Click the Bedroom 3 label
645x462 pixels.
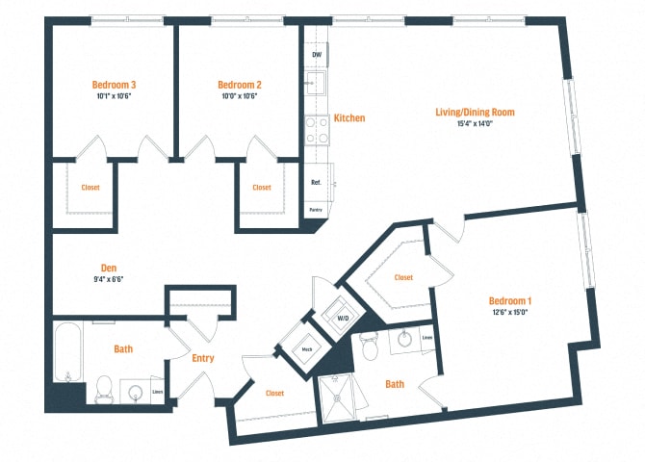tap(114, 84)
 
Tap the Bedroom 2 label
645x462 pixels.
tap(240, 84)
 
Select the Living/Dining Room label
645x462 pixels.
tap(475, 112)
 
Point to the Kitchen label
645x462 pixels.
tap(348, 117)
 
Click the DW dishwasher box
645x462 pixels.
tap(317, 55)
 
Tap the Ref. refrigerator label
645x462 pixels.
tap(316, 182)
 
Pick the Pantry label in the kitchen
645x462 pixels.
tap(316, 208)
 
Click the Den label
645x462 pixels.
tap(109, 268)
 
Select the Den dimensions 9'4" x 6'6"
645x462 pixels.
tap(109, 279)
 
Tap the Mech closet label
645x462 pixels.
tap(306, 349)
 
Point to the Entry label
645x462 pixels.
tap(202, 359)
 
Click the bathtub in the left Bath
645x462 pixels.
tap(66, 357)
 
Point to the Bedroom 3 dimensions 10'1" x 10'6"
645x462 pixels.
tap(114, 96)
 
